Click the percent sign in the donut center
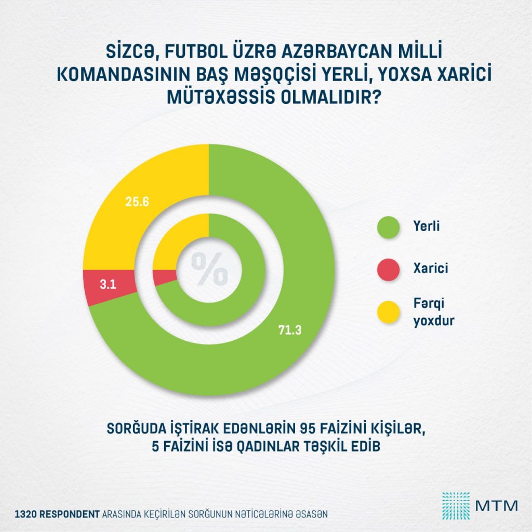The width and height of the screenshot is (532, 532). [x=209, y=269]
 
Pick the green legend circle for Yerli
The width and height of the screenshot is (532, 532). [x=389, y=227]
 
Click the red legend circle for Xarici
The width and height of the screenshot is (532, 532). [x=389, y=269]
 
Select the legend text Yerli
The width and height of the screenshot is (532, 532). [x=426, y=227]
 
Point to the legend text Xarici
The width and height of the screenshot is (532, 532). [x=430, y=269]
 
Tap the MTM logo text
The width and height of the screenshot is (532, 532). [x=493, y=504]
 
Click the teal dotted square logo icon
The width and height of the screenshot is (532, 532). [x=456, y=504]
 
